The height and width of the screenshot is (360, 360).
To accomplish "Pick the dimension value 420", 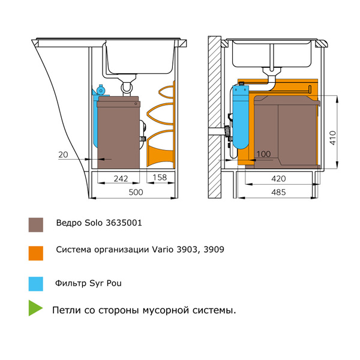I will [278, 178].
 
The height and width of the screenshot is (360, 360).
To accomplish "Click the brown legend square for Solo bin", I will [36, 224].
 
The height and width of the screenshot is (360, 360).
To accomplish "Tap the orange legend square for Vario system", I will [36, 253].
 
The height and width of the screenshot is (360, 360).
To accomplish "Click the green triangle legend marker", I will [35, 309].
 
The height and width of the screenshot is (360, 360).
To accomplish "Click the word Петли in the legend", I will [65, 310].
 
